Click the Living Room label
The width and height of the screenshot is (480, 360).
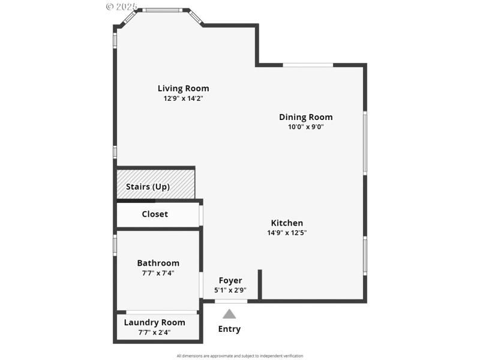pyautogui.click(x=183, y=88)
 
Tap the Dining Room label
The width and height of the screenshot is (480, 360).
pyautogui.click(x=305, y=117)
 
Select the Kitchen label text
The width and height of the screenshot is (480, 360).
pyautogui.click(x=287, y=223)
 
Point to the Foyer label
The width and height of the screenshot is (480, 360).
pyautogui.click(x=230, y=280)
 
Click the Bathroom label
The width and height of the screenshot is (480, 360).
pyautogui.click(x=158, y=263)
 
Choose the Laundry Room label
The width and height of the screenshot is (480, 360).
pyautogui.click(x=154, y=322)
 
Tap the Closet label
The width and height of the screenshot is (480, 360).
pyautogui.click(x=155, y=214)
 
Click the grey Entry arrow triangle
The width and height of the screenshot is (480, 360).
pyautogui.click(x=229, y=314)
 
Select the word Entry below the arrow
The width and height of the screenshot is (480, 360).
pyautogui.click(x=229, y=329)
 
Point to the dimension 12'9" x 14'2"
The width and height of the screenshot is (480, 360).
pyautogui.click(x=183, y=98)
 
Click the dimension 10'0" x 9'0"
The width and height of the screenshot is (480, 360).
pyautogui.click(x=305, y=127)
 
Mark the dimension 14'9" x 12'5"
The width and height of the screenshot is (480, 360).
pyautogui.click(x=287, y=233)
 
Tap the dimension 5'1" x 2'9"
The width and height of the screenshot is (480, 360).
pyautogui.click(x=230, y=290)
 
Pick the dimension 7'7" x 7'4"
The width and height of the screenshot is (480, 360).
pyautogui.click(x=158, y=273)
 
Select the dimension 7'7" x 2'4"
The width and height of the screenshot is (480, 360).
pyautogui.click(x=154, y=332)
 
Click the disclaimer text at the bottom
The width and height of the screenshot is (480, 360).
pyautogui.click(x=240, y=356)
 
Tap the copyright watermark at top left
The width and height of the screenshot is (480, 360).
pyautogui.click(x=122, y=6)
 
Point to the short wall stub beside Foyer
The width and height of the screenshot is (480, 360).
pyautogui.click(x=260, y=284)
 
